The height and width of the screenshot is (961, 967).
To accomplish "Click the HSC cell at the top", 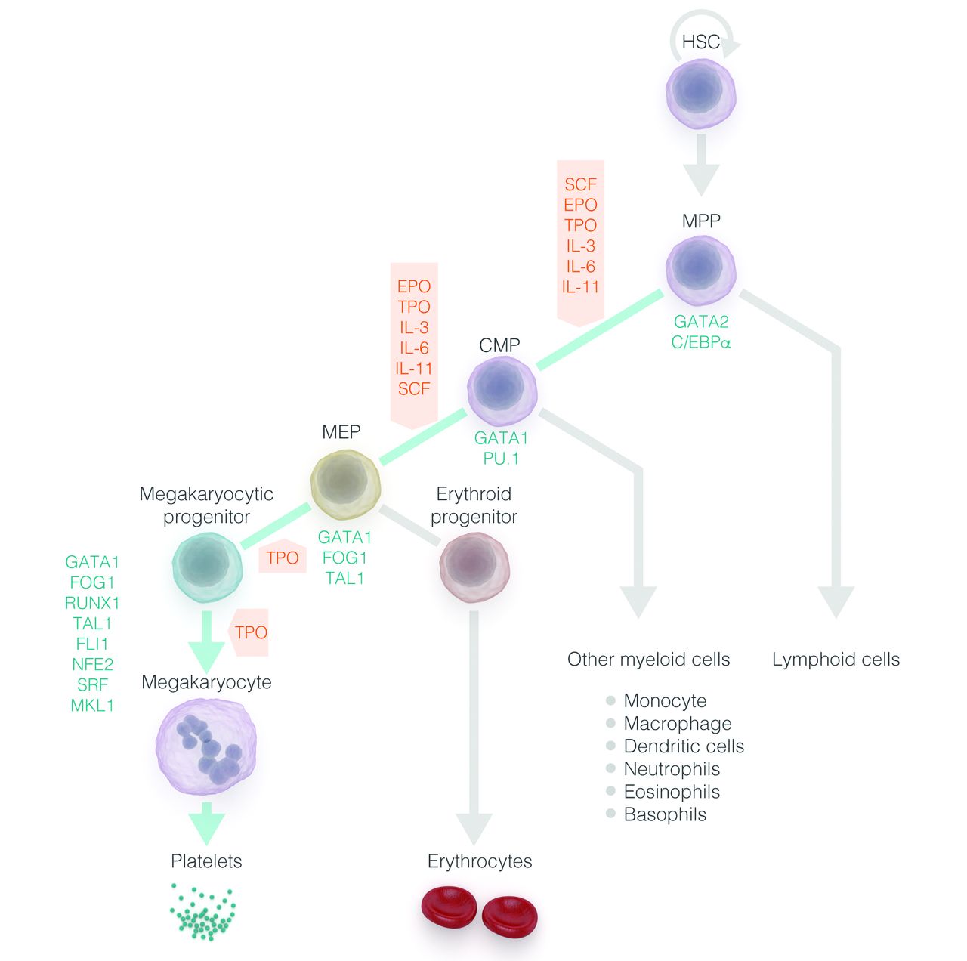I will [701, 94].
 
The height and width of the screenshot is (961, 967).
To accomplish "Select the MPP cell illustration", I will [701, 270].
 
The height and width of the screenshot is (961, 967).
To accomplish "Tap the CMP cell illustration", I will [502, 390].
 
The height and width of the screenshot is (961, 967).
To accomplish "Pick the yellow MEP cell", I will [345, 484].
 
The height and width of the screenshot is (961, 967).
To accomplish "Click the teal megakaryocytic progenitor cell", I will [207, 567].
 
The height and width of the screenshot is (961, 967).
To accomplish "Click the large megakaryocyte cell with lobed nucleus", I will [206, 746].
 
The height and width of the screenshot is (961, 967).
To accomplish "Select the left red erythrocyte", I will [448, 907].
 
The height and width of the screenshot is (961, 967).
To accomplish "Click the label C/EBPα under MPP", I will [701, 342].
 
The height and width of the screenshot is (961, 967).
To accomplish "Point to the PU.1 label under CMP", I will [501, 459].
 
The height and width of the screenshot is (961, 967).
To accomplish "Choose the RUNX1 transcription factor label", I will [92, 603].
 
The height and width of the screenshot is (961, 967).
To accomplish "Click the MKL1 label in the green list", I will [92, 705].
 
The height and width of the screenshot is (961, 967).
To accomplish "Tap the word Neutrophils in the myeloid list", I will [672, 769].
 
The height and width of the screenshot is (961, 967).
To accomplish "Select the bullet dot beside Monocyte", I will [610, 700].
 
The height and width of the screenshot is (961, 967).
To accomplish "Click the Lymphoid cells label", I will [836, 660].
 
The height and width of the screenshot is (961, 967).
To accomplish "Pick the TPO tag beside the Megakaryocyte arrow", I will [250, 632].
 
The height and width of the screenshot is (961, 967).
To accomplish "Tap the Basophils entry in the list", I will [665, 814].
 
